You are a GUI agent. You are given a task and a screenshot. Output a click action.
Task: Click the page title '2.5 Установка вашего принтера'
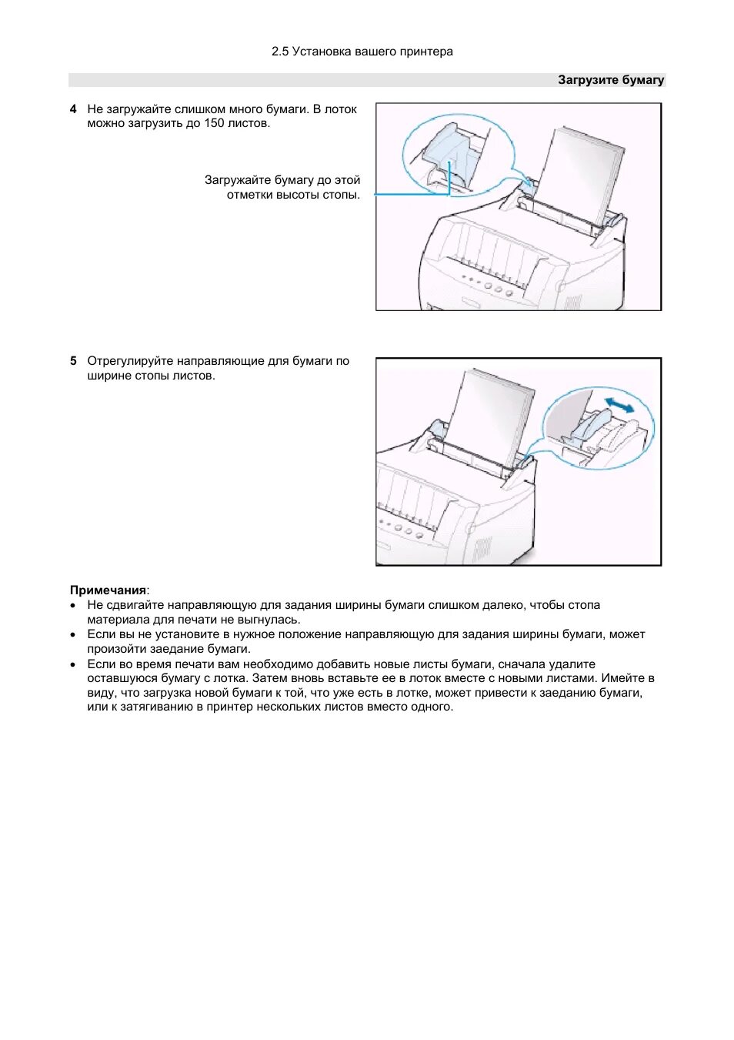tap(362, 52)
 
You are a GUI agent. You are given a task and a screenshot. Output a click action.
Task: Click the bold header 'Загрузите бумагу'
tap(610, 80)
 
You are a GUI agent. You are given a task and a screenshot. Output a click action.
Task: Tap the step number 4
tap(73, 109)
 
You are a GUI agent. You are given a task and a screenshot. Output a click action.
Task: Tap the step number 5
tap(73, 361)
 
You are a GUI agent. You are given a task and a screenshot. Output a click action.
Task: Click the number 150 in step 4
tap(213, 123)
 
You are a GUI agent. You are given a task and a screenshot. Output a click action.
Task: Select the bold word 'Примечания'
tap(108, 590)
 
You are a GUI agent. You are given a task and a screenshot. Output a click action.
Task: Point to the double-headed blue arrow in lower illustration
tap(619, 404)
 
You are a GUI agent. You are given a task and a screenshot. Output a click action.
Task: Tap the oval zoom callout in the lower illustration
tap(599, 427)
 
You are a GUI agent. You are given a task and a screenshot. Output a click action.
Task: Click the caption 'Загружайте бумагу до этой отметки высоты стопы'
tap(283, 187)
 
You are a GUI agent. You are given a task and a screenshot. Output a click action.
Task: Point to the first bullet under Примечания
tap(73, 606)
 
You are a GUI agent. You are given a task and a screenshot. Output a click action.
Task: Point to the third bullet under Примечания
tap(73, 664)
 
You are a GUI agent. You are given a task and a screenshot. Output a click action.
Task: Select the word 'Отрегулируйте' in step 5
tap(130, 361)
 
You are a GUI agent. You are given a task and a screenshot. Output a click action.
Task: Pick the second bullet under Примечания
tap(73, 635)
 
